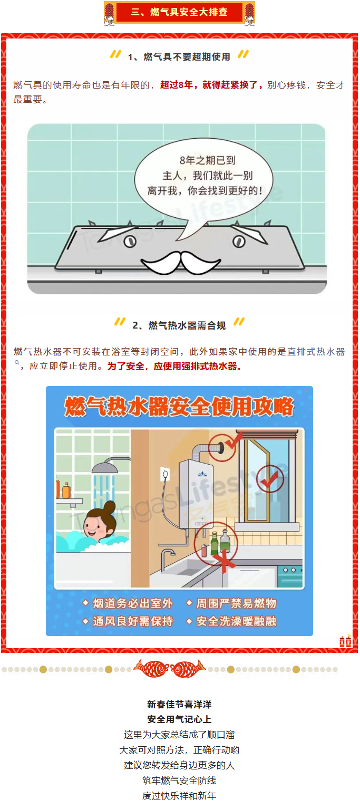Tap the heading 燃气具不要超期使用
pos(187,57)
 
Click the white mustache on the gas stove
pos(181,262)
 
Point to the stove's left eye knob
pos(130,242)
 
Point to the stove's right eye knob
pos(239,242)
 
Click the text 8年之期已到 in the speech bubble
pos(208,160)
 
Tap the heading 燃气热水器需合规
pos(187,325)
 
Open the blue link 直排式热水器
pos(316,351)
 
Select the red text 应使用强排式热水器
pos(195,366)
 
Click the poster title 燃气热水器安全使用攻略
pos(179,407)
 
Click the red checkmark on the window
pos(269,479)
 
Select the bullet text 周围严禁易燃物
pos(236,603)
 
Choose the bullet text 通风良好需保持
pos(133,621)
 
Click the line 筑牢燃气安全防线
pos(179,781)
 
